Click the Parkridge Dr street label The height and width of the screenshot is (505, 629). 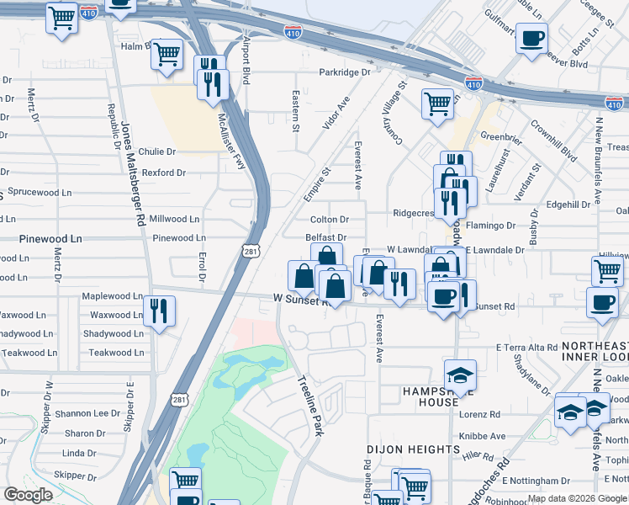[344, 72]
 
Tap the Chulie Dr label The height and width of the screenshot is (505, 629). [158, 151]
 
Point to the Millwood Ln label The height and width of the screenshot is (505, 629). [174, 219]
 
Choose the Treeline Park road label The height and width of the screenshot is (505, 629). [310, 404]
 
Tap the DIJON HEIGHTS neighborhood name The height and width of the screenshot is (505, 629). [413, 449]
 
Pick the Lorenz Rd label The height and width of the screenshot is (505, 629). [479, 415]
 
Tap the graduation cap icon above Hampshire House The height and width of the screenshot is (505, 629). [460, 375]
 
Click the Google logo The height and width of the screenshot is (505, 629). [29, 495]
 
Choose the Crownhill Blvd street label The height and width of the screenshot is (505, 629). [552, 139]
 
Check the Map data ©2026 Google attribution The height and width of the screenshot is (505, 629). [577, 498]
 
